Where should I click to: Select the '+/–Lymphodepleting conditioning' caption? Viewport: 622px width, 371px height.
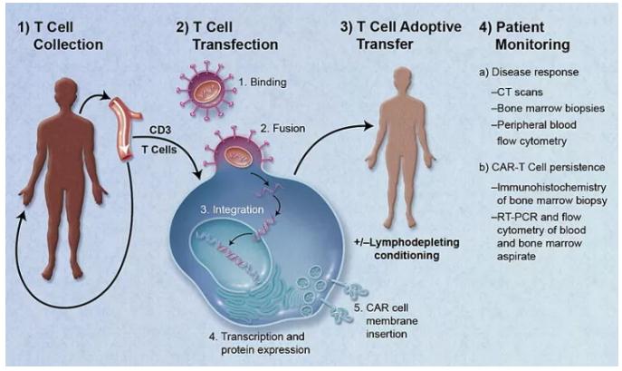click(x=398, y=248)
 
